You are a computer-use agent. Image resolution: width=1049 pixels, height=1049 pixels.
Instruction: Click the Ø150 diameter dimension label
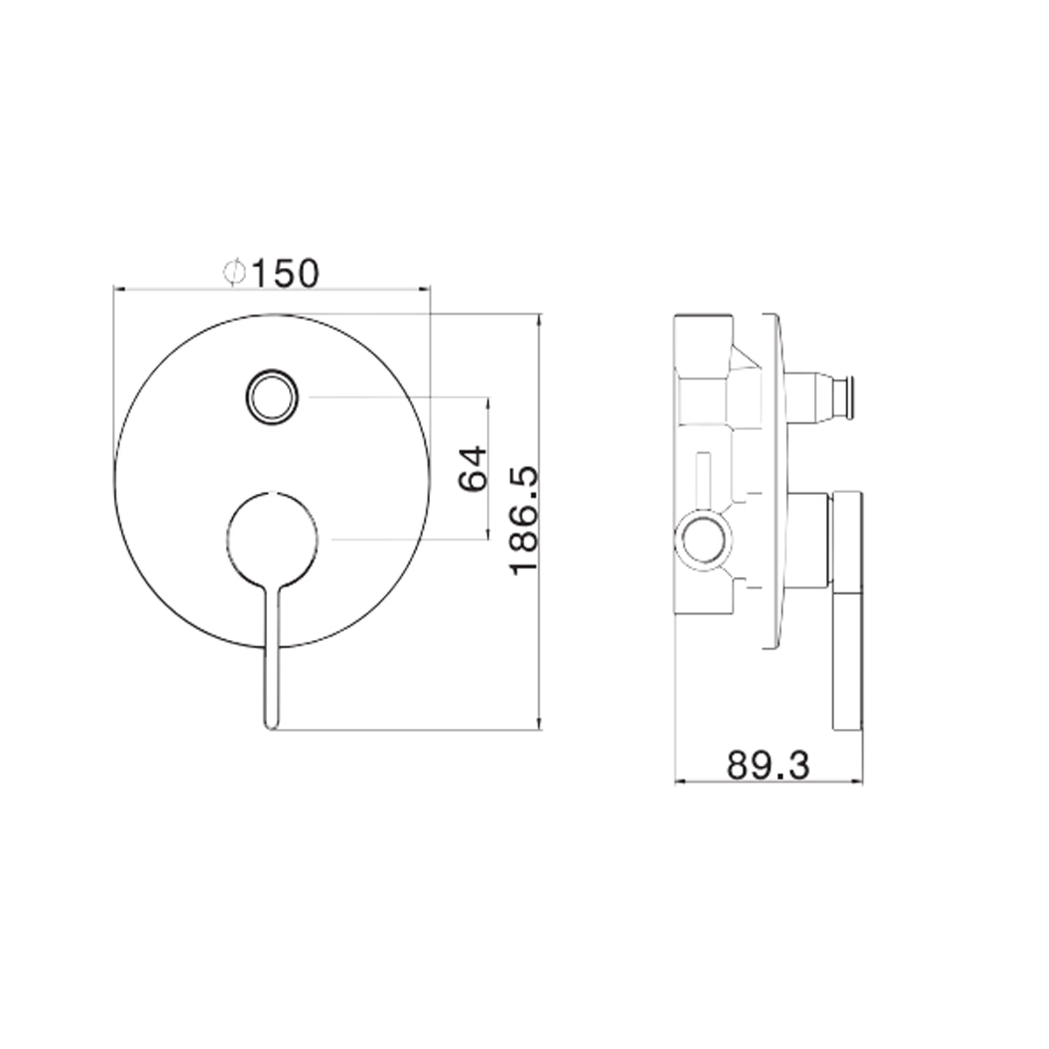271,273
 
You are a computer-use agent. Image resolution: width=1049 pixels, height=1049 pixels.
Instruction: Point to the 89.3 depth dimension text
768,765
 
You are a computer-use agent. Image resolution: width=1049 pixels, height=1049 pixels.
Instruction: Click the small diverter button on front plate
272,397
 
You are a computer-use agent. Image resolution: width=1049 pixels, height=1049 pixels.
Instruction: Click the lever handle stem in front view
272,650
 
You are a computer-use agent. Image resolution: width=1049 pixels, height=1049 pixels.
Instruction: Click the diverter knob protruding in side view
818,399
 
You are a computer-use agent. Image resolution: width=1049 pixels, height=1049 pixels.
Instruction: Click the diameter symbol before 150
234,273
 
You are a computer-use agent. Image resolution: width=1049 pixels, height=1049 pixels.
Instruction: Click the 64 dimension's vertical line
488,468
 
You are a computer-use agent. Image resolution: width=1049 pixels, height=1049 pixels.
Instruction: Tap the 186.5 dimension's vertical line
539,521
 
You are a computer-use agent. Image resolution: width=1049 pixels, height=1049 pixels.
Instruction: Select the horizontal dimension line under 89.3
768,782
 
